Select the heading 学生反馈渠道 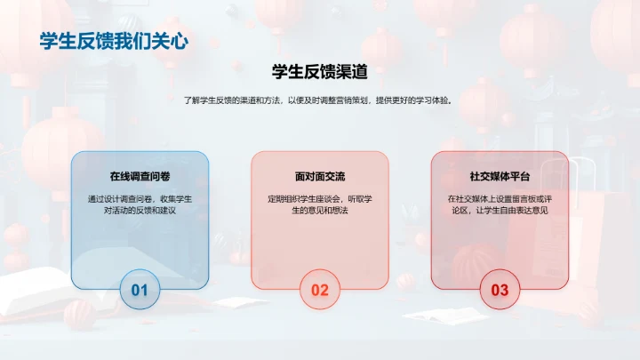pos(320,72)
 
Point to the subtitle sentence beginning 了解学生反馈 pos(319,100)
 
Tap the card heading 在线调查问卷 pos(140,176)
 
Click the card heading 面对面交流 pos(320,176)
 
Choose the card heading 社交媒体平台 pos(500,176)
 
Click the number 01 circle pos(140,290)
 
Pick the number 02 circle pos(320,290)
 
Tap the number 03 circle pos(500,290)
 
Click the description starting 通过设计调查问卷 pos(140,205)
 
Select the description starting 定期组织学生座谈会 pos(320,205)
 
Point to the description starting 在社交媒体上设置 pos(500,205)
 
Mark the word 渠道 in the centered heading pos(351,72)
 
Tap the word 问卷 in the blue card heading pos(160,176)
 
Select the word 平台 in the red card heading pos(519,176)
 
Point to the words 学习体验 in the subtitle pos(429,100)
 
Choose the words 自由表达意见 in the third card pos(529,212)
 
